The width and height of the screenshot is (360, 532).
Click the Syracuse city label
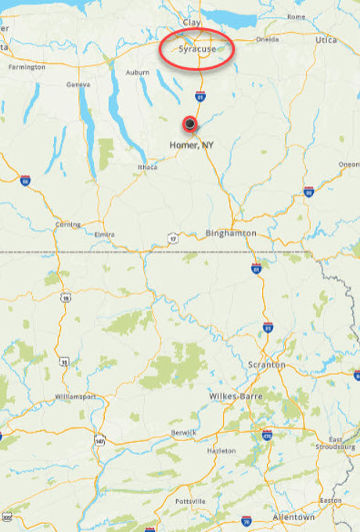pos(196,49)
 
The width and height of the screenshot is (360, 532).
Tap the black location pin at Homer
pos(189,123)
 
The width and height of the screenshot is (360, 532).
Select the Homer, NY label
pos(192,146)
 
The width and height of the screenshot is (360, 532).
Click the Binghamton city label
pos(230,233)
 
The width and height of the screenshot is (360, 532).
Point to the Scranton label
pos(267,365)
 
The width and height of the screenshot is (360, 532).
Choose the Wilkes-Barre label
pos(235,397)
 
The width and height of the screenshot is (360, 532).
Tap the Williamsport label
pos(76,397)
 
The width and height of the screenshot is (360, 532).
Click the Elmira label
pos(104,235)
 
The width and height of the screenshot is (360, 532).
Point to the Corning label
pos(68,225)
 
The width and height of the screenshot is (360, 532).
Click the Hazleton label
pos(221,451)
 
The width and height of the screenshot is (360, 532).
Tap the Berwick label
pos(185,433)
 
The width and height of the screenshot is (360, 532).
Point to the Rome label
pos(297,16)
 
